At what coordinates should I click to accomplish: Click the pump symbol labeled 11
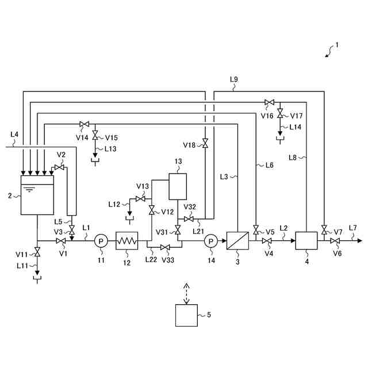click(x=101, y=241)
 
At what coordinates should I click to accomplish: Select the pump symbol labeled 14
click(x=211, y=241)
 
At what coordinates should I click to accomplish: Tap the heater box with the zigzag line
click(x=126, y=241)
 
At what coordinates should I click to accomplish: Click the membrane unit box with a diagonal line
click(x=237, y=241)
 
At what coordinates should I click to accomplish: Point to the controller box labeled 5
click(x=186, y=315)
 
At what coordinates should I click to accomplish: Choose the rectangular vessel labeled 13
click(x=178, y=186)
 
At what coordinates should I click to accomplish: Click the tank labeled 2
click(x=37, y=195)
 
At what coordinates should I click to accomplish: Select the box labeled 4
click(x=306, y=240)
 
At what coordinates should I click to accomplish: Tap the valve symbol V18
click(x=205, y=143)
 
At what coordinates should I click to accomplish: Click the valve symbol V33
click(x=165, y=247)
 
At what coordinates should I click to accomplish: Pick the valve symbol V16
click(x=269, y=102)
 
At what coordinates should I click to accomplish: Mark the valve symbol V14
click(x=85, y=124)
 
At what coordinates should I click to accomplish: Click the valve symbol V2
click(x=59, y=167)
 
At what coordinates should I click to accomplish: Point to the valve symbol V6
click(x=335, y=241)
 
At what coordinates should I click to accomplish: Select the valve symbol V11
click(x=37, y=252)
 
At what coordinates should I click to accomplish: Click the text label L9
click(x=234, y=79)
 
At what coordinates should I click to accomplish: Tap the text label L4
click(x=14, y=135)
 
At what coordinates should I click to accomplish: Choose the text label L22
click(x=151, y=259)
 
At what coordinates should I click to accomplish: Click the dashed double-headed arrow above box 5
click(x=186, y=294)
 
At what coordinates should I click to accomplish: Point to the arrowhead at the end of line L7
click(x=359, y=241)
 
